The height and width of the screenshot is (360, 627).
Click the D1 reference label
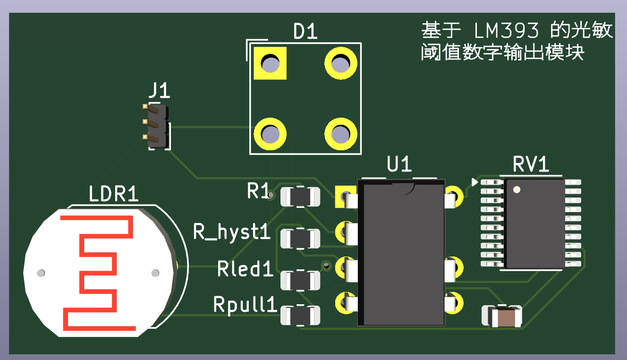pyautogui.click(x=305, y=32)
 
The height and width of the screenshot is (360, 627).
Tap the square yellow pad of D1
pyautogui.click(x=270, y=63)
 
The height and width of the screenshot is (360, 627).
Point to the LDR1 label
pyautogui.click(x=114, y=194)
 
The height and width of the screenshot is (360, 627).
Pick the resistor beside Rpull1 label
pyautogui.click(x=300, y=315)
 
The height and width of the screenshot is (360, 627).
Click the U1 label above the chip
pyautogui.click(x=399, y=165)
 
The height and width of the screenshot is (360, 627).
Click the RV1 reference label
pyautogui.click(x=531, y=165)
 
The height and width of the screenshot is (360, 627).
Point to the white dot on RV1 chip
pyautogui.click(x=516, y=190)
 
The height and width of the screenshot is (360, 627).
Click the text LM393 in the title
pyautogui.click(x=506, y=31)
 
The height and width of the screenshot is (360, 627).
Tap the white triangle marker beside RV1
pyautogui.click(x=474, y=182)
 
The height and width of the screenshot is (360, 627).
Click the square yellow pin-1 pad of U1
pyautogui.click(x=345, y=196)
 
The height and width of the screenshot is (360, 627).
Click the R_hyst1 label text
pyautogui.click(x=231, y=232)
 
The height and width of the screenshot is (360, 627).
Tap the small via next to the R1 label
pyautogui.click(x=271, y=194)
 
